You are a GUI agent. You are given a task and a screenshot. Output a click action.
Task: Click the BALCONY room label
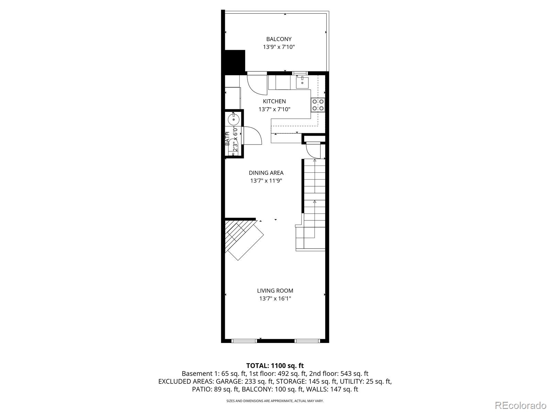279,39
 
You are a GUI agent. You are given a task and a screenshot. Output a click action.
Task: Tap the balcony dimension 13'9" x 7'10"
279,47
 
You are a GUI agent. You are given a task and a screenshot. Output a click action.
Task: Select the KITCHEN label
274,101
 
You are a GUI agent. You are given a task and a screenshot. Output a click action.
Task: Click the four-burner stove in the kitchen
318,105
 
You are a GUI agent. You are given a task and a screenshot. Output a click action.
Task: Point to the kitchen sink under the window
302,82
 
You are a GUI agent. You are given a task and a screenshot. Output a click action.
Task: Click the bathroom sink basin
233,120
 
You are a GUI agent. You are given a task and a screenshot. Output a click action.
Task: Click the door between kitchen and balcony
257,84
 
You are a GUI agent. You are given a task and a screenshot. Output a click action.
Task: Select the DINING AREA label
266,173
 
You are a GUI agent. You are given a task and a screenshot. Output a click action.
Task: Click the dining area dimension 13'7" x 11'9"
266,181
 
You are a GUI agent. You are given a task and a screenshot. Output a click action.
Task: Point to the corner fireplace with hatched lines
241,237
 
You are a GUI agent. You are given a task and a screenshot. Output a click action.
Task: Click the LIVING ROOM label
275,290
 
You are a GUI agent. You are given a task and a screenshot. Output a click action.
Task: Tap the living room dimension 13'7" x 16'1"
275,298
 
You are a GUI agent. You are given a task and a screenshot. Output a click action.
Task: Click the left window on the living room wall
244,341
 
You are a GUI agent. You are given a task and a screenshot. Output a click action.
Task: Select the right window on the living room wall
307,341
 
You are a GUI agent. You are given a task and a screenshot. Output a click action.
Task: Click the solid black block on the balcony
235,60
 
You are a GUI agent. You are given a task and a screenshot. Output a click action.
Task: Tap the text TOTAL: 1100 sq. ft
275,366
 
